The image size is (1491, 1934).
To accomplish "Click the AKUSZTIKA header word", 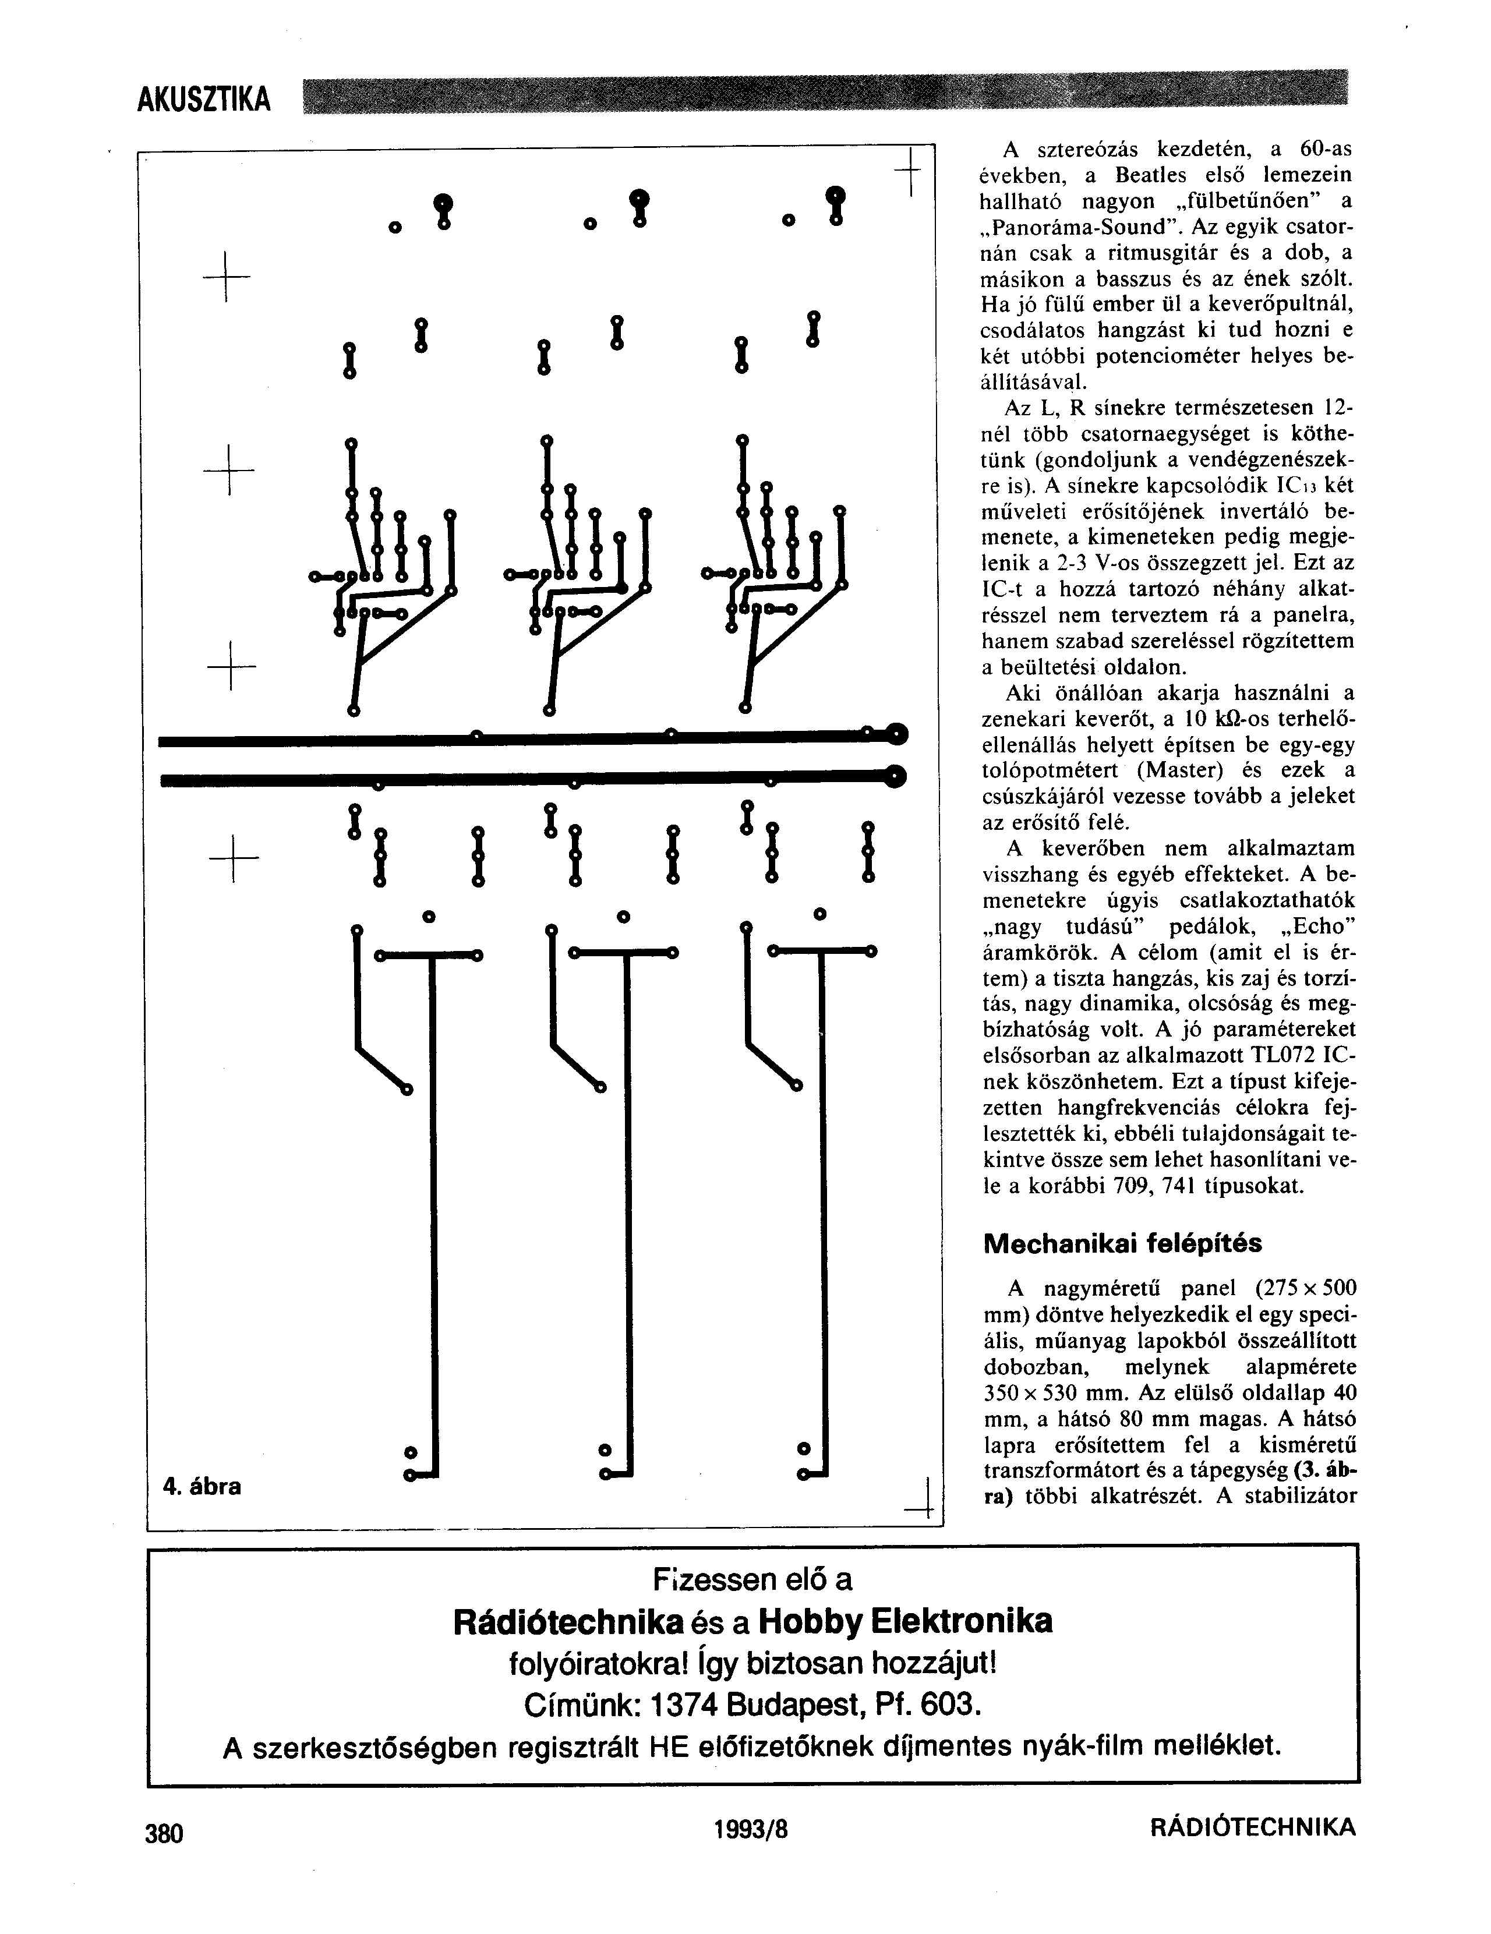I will pos(204,98).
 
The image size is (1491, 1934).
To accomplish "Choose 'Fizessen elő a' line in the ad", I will pos(752,1579).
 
